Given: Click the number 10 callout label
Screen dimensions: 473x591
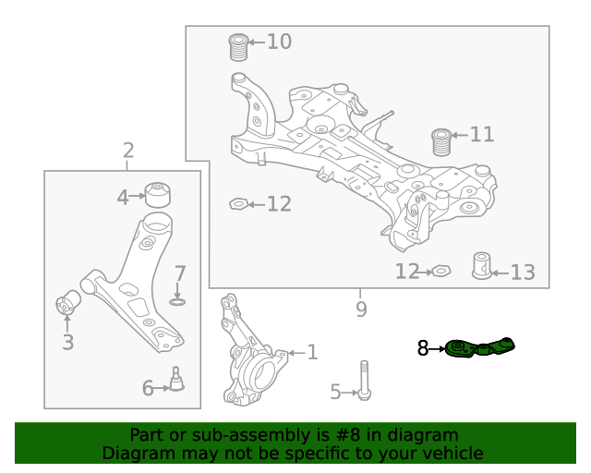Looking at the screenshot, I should pos(279,42).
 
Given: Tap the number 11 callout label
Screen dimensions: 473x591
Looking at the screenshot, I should pos(482,135).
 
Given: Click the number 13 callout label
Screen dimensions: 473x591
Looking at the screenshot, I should pos(523,272).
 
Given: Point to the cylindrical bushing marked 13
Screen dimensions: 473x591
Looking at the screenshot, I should pos(480,265).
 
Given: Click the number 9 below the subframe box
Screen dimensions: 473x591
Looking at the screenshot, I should pos(361,309).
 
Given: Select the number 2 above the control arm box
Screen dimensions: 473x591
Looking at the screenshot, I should pos(127,151).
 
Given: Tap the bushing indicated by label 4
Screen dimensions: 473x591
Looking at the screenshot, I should pos(159,196).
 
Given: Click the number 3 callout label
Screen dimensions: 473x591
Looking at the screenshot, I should pos(67,344).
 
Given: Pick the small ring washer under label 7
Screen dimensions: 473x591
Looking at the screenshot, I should pos(178,301).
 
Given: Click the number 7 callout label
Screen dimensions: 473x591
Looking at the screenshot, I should pos(180,273).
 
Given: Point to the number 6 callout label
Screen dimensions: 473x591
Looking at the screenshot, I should pos(148,389).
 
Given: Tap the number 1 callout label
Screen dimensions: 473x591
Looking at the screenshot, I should pos(312,352).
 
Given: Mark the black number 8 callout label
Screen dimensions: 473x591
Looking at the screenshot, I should pos(423,348).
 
